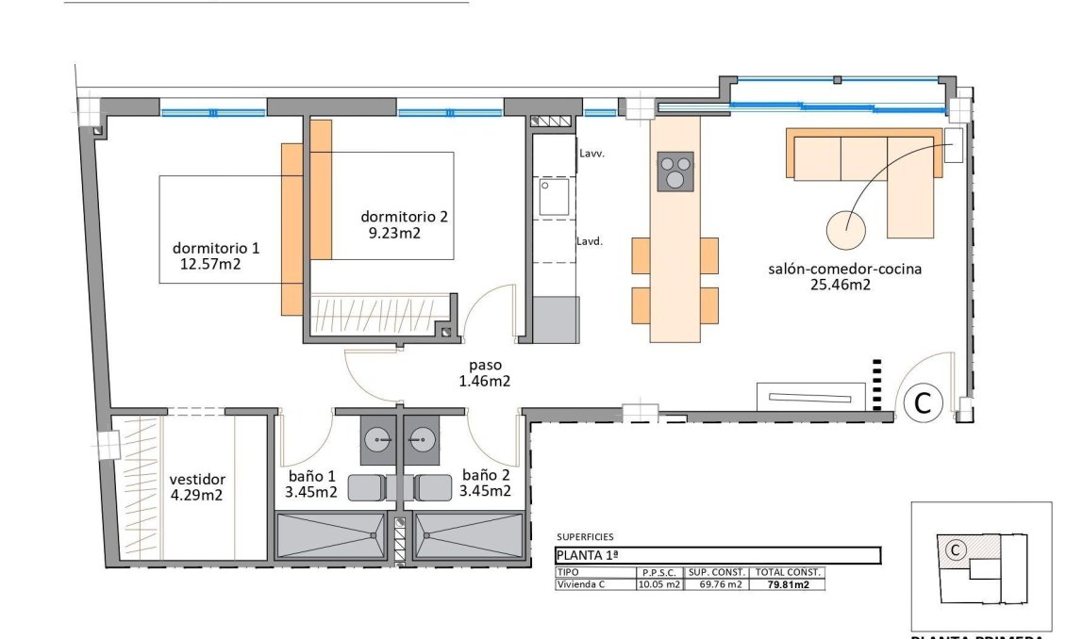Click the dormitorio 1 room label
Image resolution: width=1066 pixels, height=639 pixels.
(x=215, y=248)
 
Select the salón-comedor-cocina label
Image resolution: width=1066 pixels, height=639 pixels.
(x=844, y=269)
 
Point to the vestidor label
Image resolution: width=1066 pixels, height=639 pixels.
(x=197, y=479)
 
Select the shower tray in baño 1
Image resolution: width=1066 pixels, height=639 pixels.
(x=329, y=535)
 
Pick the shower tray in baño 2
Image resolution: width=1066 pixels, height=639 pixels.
(x=468, y=535)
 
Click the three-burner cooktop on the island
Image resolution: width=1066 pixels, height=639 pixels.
(x=675, y=172)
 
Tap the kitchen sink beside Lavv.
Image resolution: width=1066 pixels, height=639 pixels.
(x=550, y=197)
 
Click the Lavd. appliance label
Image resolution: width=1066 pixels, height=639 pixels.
(x=590, y=240)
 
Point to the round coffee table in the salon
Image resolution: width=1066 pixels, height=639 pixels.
(x=846, y=226)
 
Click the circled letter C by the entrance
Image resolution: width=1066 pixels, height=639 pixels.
(x=923, y=403)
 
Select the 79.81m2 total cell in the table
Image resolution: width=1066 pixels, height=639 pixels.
(x=788, y=584)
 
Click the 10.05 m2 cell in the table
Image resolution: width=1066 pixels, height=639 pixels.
(x=659, y=584)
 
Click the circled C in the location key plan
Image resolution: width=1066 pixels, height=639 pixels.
(x=955, y=549)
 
